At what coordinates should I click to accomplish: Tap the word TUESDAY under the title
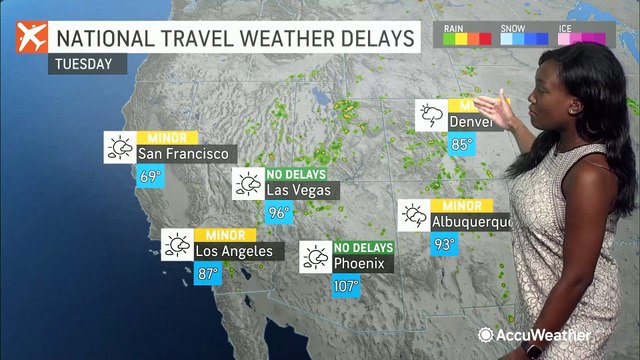(87, 62)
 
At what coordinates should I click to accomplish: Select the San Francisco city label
(184, 153)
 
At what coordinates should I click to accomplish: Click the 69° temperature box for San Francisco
(150, 177)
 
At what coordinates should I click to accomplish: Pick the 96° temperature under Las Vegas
(278, 212)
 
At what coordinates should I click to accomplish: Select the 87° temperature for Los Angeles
(208, 273)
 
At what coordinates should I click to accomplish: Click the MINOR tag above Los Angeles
(225, 233)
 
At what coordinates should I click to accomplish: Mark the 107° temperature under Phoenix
(345, 286)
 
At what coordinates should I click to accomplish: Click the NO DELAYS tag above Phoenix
(364, 247)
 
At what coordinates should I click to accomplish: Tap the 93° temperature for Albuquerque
(443, 243)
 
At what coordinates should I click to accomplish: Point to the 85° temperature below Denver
(461, 144)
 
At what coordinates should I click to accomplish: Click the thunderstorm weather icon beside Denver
(430, 114)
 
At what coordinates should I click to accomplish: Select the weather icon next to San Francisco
(120, 147)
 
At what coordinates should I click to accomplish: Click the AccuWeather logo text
(545, 335)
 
